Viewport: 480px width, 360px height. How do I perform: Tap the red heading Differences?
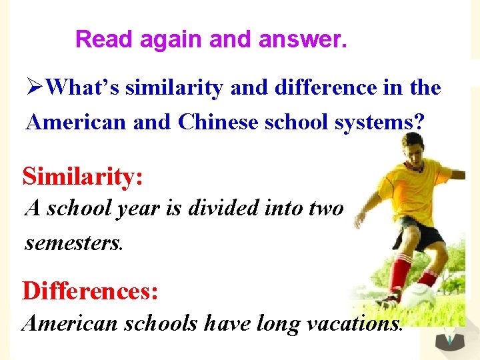(x=90, y=291)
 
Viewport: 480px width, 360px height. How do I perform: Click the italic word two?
(x=327, y=208)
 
